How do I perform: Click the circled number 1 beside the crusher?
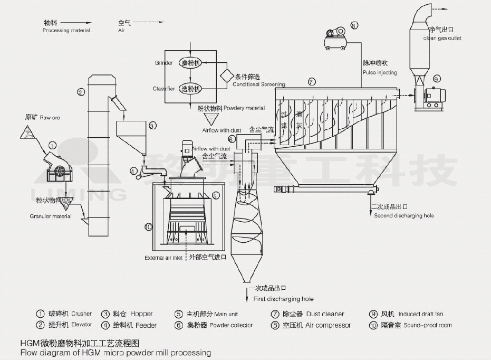tap(52, 145)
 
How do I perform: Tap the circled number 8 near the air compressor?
tap(354, 25)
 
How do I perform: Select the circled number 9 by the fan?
tap(436, 79)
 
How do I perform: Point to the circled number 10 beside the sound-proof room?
tap(148, 226)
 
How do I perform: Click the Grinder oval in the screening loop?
tap(191, 63)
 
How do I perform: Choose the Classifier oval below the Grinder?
tap(191, 88)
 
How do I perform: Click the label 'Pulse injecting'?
tap(380, 72)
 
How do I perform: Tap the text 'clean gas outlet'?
tap(441, 38)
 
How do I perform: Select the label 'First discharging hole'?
tap(283, 299)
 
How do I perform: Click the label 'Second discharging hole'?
tap(403, 215)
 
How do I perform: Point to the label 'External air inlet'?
tap(163, 258)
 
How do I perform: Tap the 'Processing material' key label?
tap(66, 31)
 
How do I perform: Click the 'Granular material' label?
tap(51, 216)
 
